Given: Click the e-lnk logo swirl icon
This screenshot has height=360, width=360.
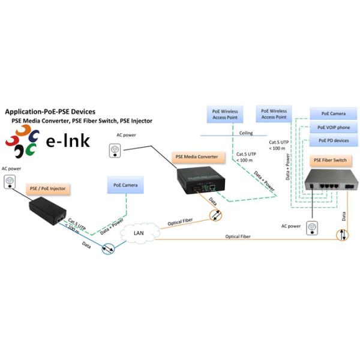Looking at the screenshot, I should pyautogui.click(x=22, y=142).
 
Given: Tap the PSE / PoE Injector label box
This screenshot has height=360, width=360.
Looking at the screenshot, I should pyautogui.click(x=47, y=188).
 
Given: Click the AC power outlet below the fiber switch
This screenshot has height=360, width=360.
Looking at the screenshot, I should pyautogui.click(x=311, y=227).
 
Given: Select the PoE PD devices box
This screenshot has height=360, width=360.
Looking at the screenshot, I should pyautogui.click(x=334, y=140).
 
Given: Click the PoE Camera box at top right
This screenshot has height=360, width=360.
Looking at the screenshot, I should pyautogui.click(x=334, y=113).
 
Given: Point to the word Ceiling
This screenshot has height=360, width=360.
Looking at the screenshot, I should pyautogui.click(x=245, y=133).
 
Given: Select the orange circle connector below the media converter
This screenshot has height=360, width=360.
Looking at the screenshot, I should pyautogui.click(x=214, y=215).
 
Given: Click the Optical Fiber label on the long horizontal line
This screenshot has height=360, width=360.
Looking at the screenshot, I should pyautogui.click(x=238, y=237).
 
